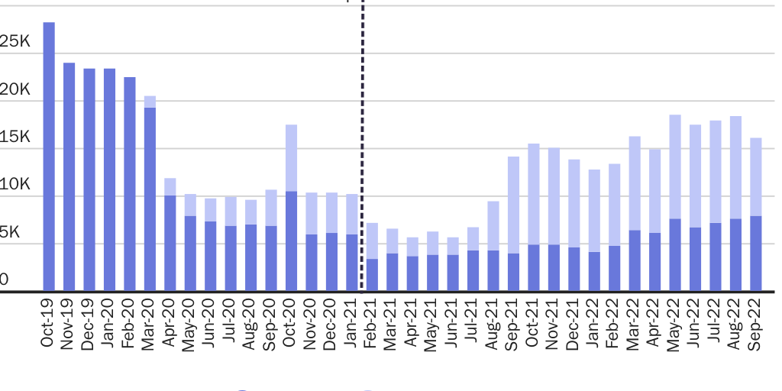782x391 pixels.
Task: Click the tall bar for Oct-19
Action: [49, 157]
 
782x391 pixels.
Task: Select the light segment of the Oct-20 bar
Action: [291, 157]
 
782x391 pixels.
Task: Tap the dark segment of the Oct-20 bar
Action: [291, 241]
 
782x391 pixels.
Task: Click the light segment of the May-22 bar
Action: [675, 166]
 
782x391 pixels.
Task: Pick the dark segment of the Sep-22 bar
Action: [755, 253]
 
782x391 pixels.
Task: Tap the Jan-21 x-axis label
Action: [352, 324]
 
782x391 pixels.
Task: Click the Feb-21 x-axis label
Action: [372, 324]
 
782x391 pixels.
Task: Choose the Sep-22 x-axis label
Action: [755, 324]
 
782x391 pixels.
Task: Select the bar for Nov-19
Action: [69, 176]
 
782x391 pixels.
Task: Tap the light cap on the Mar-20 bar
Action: [150, 102]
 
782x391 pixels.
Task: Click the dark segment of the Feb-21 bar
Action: [372, 275]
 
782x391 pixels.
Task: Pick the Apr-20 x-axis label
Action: [170, 324]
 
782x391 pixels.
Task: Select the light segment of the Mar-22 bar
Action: [635, 183]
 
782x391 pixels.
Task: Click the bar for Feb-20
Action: [130, 184]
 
